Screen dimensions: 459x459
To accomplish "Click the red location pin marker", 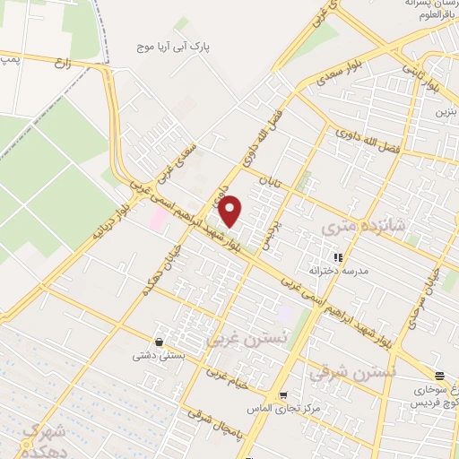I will pos(230,210).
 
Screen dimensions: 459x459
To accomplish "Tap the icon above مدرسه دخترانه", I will pos(338,256).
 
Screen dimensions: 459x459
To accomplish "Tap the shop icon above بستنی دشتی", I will pos(159,342).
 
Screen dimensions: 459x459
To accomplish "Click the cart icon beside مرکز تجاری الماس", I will pos(282,396).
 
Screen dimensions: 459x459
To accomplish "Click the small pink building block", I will pos(157,218).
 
